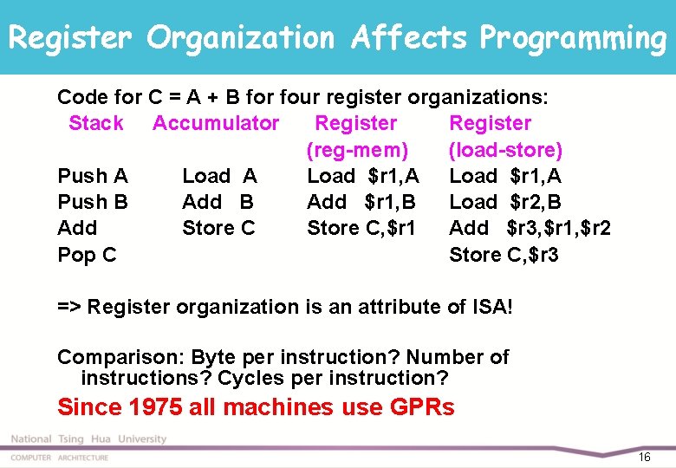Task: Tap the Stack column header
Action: coord(95,123)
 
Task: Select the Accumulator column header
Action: coord(216,123)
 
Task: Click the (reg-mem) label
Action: coord(357,150)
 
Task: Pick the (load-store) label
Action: coord(505,150)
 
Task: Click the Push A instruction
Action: coord(92,176)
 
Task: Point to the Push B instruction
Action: coord(92,202)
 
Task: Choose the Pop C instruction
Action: coord(87,255)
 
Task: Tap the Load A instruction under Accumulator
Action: coord(219,176)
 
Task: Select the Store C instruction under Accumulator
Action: coord(218,228)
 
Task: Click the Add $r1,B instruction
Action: coord(361,202)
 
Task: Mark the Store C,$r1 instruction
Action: coord(361,228)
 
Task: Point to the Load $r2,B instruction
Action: coord(505,202)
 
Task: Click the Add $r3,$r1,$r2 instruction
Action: coord(530,228)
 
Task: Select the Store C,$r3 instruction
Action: coord(504,255)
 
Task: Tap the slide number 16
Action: coord(643,457)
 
